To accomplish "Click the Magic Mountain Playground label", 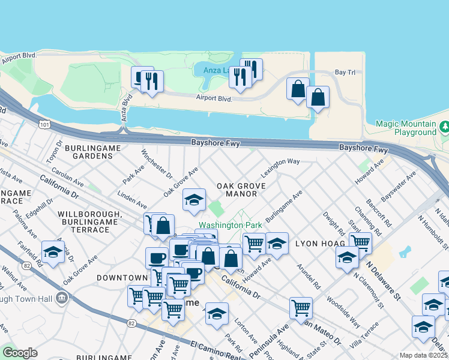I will [405, 128].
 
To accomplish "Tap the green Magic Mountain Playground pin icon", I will [444, 127].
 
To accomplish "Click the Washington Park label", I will [231, 225].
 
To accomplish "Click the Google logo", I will [20, 353].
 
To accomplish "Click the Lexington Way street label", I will [280, 162].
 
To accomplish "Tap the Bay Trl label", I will [345, 73].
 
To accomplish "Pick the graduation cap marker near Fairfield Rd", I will [53, 251].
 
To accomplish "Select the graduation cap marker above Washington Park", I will [194, 200].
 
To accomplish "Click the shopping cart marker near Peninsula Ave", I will [301, 308].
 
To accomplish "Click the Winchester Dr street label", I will [157, 164].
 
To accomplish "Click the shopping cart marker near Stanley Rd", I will [360, 242].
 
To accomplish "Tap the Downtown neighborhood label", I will [122, 278].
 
